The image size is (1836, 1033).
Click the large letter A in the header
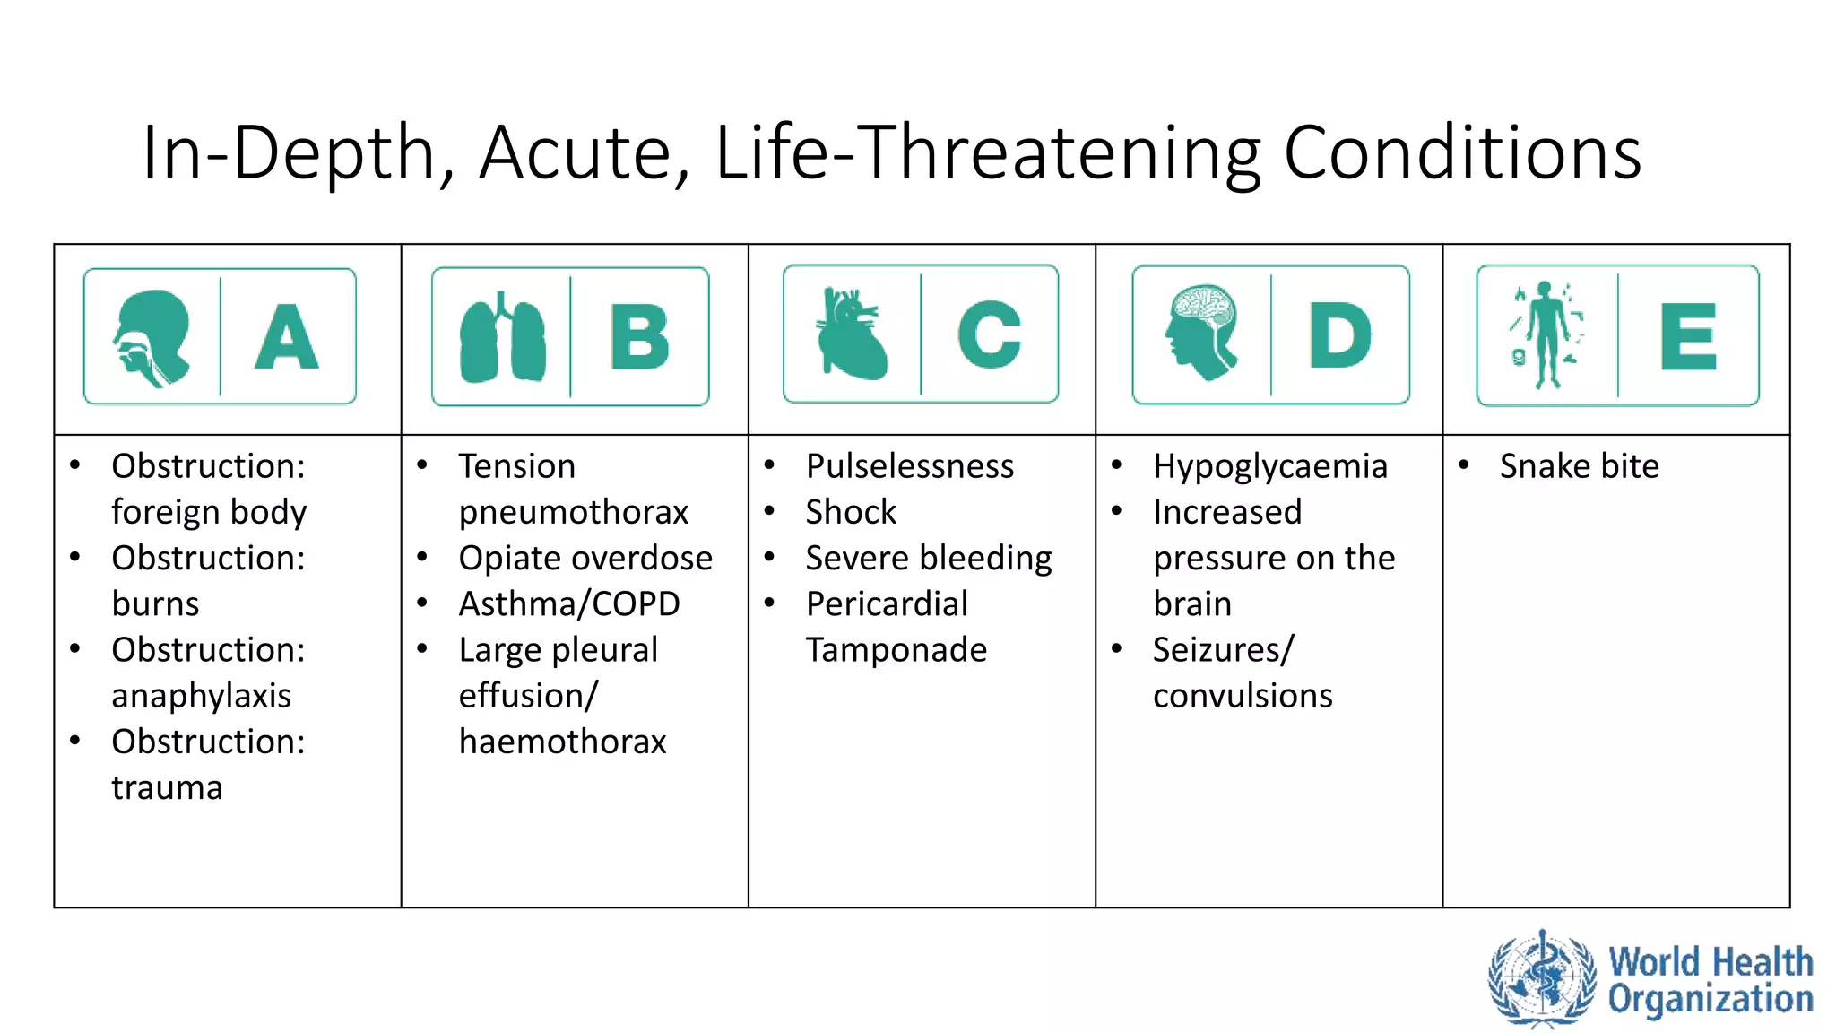click(287, 336)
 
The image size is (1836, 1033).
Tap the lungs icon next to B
click(502, 339)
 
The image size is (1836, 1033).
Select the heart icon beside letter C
click(852, 334)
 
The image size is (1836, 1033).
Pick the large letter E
click(1688, 336)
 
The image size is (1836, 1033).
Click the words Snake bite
click(1579, 466)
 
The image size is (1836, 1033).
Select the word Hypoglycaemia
click(1269, 466)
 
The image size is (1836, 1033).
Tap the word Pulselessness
click(909, 466)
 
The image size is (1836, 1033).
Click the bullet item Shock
click(850, 512)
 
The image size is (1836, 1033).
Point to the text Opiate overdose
click(585, 558)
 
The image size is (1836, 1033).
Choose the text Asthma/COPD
click(569, 603)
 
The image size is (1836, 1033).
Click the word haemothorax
click(562, 742)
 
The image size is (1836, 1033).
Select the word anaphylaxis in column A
click(201, 696)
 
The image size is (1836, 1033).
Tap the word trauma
click(167, 787)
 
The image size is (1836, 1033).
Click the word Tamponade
click(896, 650)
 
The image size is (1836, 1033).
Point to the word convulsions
click(1243, 696)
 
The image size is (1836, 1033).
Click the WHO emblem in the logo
click(1542, 978)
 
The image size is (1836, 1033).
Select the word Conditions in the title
click(1462, 152)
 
